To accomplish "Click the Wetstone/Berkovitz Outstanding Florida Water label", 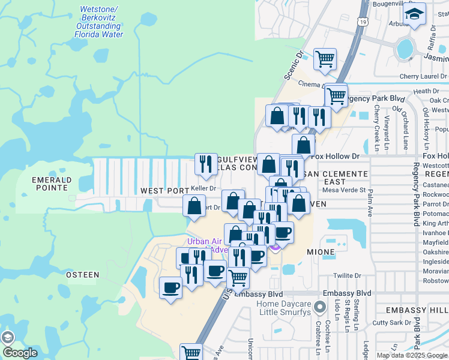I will (99, 22).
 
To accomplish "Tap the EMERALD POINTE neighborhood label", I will (51, 184).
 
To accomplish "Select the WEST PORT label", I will (165, 191).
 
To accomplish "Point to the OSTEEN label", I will (82, 275).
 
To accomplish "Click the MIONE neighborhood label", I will (320, 252).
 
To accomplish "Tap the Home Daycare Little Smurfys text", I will (285, 308).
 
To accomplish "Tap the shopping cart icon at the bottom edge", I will (191, 353).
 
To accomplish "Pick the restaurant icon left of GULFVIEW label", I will (206, 164).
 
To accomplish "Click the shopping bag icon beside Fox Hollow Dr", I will (304, 145).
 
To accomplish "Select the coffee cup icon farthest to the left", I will (171, 288).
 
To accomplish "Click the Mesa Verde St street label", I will (344, 190).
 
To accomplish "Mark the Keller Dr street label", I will (203, 188).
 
